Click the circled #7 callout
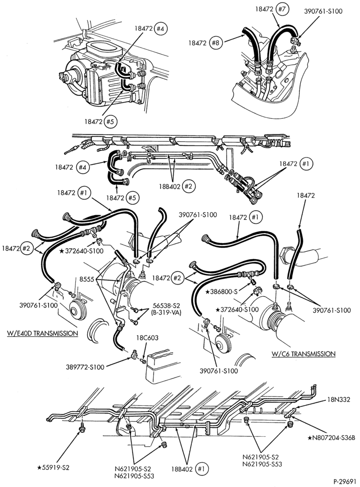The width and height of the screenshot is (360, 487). click(282, 9)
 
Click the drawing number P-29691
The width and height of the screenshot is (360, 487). click(344, 482)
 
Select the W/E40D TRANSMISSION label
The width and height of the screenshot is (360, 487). click(43, 333)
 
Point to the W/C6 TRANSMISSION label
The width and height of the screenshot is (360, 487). click(303, 354)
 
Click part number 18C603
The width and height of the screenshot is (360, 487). click(147, 338)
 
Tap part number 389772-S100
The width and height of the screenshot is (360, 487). click(85, 367)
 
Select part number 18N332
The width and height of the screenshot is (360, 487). click(339, 399)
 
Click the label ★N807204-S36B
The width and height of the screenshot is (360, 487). click(331, 438)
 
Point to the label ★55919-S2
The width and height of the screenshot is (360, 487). click(53, 467)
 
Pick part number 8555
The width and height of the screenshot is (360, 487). click(87, 279)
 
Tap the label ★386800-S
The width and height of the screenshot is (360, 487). click(221, 291)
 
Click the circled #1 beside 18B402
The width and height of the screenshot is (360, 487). click(202, 469)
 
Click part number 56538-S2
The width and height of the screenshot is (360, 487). click(166, 305)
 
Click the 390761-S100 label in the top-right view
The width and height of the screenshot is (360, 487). click(323, 12)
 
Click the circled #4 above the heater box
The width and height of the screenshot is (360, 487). click(161, 28)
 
